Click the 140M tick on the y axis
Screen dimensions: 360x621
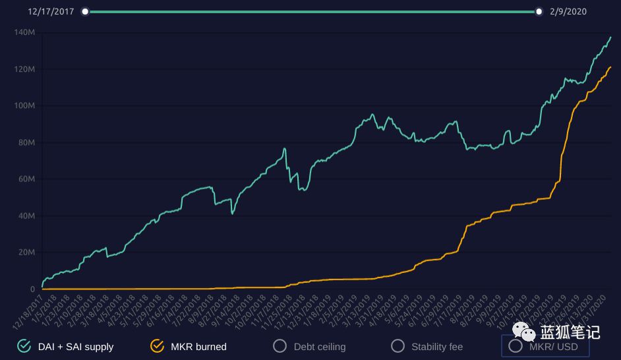(x=24, y=32)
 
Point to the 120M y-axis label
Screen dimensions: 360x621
(x=24, y=69)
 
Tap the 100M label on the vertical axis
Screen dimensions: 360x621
(x=24, y=105)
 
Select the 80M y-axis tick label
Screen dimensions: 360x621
(x=26, y=142)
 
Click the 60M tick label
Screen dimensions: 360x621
(x=26, y=179)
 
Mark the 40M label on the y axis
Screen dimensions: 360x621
(x=26, y=216)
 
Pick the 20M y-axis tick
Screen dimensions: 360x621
(x=26, y=253)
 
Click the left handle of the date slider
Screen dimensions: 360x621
(x=85, y=11)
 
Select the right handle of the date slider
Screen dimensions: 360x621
(x=539, y=11)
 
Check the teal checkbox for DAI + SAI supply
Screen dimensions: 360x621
(x=24, y=345)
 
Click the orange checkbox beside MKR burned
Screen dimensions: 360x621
(x=157, y=345)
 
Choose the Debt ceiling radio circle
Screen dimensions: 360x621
(x=280, y=345)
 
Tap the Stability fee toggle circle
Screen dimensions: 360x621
(x=398, y=345)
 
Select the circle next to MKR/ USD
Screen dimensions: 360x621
(x=516, y=345)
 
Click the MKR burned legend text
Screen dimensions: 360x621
(x=198, y=346)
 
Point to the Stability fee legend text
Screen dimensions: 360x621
(x=437, y=346)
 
